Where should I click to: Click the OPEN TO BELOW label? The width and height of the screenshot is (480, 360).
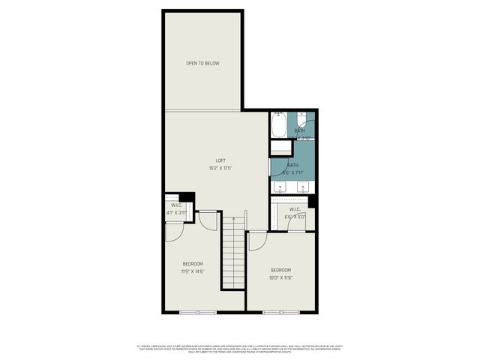pos(202,63)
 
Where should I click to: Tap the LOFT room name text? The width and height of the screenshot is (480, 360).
pos(220,160)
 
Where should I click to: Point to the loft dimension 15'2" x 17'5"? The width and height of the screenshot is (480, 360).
pos(220,168)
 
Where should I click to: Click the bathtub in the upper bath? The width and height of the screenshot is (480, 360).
pos(279,124)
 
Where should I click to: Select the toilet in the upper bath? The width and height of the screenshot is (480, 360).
pos(301,121)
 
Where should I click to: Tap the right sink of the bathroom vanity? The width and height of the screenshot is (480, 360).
pos(303,187)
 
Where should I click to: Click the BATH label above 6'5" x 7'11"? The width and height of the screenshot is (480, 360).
pos(292,165)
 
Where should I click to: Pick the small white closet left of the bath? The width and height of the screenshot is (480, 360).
pos(280,148)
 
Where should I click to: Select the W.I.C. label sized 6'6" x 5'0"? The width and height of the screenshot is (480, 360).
pos(295,209)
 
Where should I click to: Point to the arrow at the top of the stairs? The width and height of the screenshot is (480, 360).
pos(233,220)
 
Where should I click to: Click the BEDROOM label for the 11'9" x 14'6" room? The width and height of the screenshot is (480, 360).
pos(193,264)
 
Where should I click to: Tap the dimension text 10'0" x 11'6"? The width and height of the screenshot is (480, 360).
pos(280,277)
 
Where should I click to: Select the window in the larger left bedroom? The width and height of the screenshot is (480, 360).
pos(199,311)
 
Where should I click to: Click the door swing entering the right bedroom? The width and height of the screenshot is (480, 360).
pos(257,241)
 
